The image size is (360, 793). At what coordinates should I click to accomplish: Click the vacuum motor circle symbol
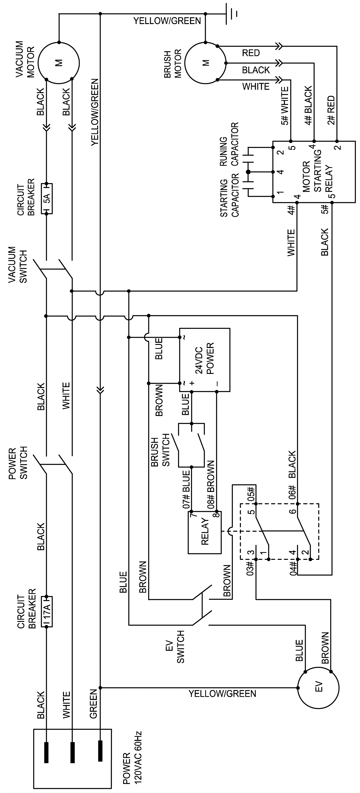click(x=58, y=63)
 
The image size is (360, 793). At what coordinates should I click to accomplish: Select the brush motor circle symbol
click(x=205, y=63)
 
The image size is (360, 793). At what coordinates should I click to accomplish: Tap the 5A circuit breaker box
click(x=47, y=199)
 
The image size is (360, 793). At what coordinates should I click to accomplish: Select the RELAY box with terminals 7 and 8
click(x=205, y=532)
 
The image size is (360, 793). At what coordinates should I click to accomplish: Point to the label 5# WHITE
click(x=285, y=106)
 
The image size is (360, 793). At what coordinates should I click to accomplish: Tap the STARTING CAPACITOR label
click(x=229, y=195)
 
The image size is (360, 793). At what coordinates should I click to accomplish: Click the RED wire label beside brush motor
click(x=251, y=53)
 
